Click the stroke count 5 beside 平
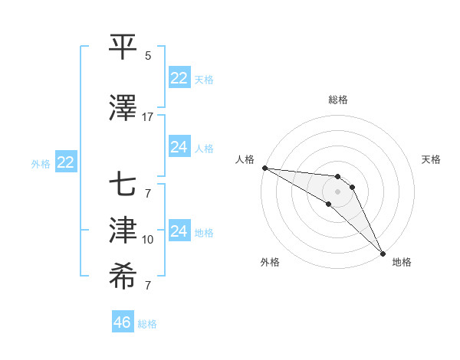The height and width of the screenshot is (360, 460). tap(148, 56)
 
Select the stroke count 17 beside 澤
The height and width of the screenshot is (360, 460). tap(148, 117)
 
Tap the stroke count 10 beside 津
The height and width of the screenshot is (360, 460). tap(148, 240)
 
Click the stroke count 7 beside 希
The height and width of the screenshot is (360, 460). tap(148, 286)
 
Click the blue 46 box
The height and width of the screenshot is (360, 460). tap(123, 322)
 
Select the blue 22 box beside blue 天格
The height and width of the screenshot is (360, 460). tap(179, 78)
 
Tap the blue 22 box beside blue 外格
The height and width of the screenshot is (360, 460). tap(66, 162)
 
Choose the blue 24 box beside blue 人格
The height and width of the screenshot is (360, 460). tap(179, 147)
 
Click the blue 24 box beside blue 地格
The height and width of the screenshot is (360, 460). tap(179, 231)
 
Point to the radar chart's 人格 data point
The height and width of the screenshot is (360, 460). tap(264, 168)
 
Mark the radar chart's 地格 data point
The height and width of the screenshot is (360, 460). tap(382, 254)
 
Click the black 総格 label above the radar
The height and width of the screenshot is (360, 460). tap(338, 100)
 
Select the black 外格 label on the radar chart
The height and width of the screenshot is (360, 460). tap(270, 262)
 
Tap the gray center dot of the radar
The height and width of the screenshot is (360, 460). tap(338, 191)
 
